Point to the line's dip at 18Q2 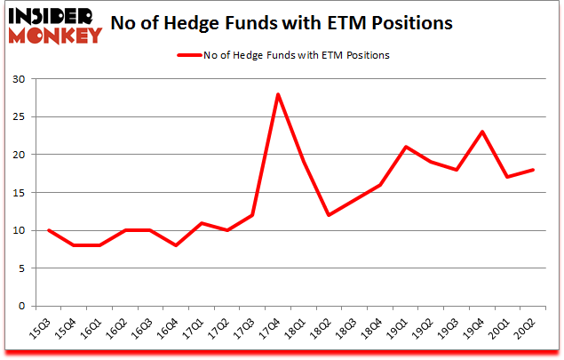coord(330,215)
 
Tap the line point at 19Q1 coord(405,147)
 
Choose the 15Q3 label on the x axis coord(44,331)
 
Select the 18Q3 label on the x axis coord(346,331)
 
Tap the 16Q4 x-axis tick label coord(171,331)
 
